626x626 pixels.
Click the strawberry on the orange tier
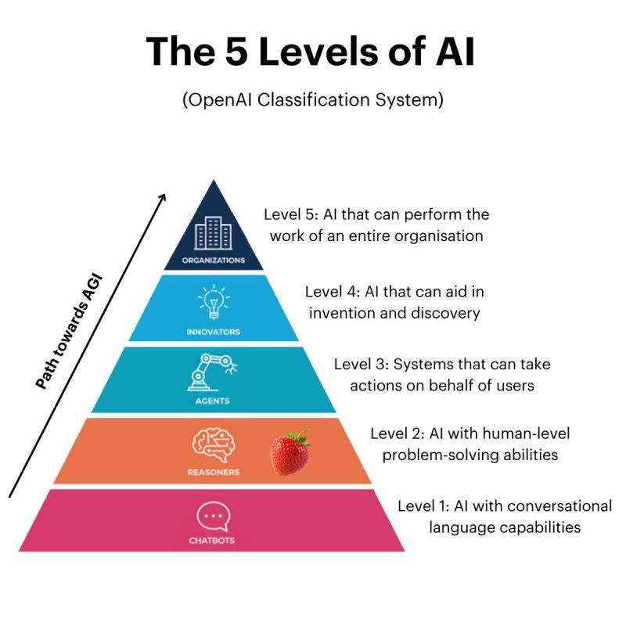290,452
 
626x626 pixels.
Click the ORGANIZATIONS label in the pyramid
213,261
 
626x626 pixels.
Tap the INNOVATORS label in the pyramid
213,332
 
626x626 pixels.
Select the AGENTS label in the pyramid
213,401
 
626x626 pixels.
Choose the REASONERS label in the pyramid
213,472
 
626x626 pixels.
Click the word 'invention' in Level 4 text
343,313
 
